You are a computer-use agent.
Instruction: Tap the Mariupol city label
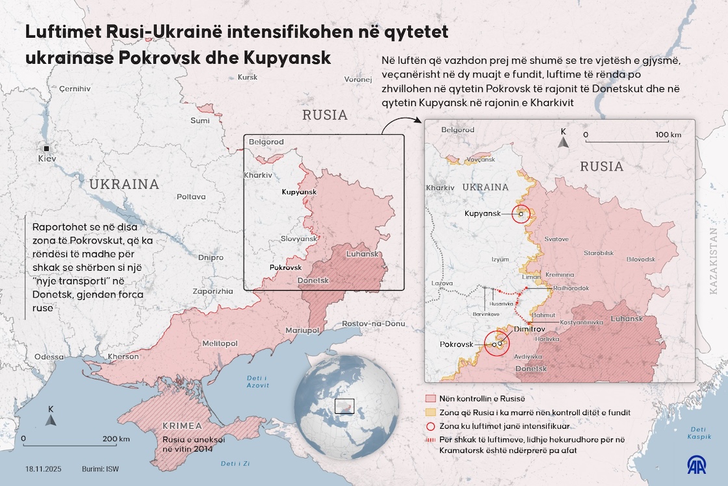pos(302,331)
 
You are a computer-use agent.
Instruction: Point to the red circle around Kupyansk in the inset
pos(521,213)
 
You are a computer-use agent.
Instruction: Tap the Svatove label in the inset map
pos(556,239)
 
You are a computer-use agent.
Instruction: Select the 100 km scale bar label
pos(668,135)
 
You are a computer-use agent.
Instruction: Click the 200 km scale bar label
pos(116,439)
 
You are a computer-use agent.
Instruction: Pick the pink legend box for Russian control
pos(430,398)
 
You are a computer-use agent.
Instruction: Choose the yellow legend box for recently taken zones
pos(430,412)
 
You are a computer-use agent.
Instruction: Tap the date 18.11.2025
pos(44,469)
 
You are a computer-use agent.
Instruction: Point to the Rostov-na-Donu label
pos(373,323)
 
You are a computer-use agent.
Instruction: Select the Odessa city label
pos(49,357)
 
